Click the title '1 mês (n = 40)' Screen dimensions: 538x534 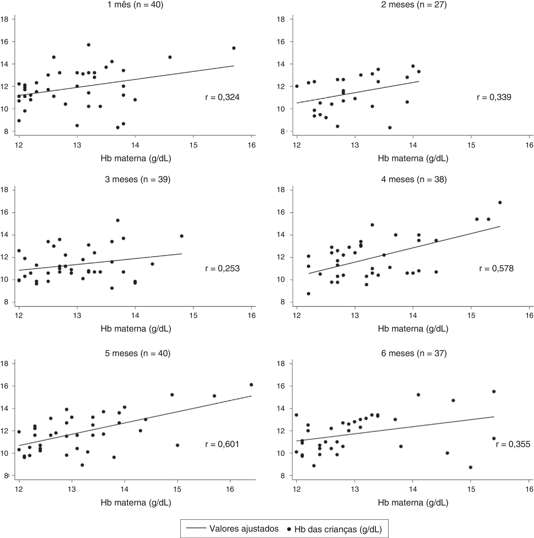click(135, 5)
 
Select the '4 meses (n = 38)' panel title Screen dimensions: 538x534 click(414, 179)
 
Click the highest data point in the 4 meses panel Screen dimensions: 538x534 click(500, 202)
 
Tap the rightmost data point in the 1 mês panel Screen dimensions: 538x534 click(234, 48)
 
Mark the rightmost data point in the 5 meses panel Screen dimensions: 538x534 click(251, 385)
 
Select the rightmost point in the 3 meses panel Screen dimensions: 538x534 click(182, 236)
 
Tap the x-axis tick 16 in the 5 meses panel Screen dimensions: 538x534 click(230, 489)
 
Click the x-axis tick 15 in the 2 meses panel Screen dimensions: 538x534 click(471, 145)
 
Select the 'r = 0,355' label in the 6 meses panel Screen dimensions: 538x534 click(513, 444)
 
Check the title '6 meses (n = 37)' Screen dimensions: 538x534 click(414, 353)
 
